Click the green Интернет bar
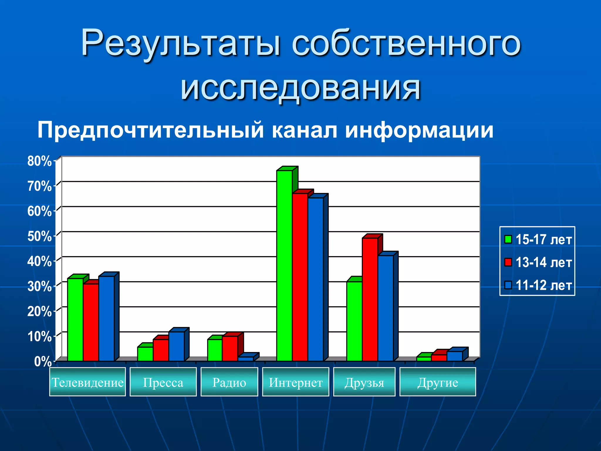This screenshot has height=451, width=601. pyautogui.click(x=284, y=265)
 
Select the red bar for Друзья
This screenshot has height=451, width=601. pyautogui.click(x=370, y=299)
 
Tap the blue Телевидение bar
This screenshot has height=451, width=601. pyautogui.click(x=106, y=318)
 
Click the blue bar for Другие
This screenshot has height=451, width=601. pyautogui.click(x=454, y=356)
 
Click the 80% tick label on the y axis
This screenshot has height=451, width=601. pyautogui.click(x=39, y=161)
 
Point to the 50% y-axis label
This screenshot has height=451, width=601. pyautogui.click(x=39, y=236)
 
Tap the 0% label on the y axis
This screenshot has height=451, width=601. pyautogui.click(x=43, y=361)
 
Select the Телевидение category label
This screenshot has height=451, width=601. pyautogui.click(x=87, y=382)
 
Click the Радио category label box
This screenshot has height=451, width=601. pyautogui.click(x=229, y=382)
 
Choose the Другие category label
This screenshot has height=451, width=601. pyautogui.click(x=438, y=382)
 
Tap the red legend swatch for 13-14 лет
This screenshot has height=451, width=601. pyautogui.click(x=508, y=262)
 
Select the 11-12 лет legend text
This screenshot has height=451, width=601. pyautogui.click(x=543, y=285)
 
